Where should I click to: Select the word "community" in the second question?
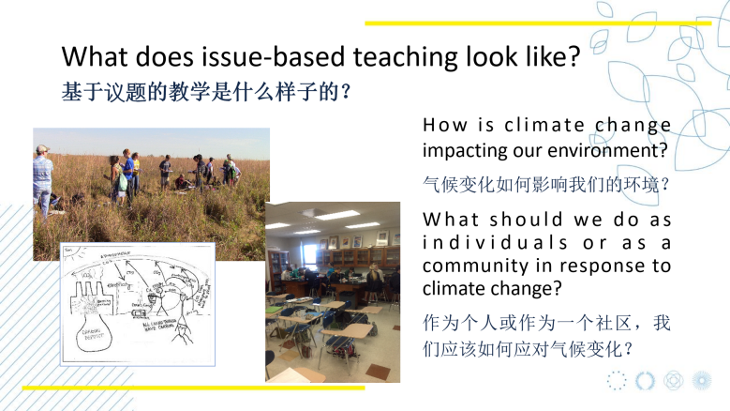[x=469, y=266]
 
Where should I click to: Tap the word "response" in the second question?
[x=595, y=266]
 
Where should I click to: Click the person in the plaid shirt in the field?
[x=42, y=173]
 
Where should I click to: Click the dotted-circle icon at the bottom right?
[x=616, y=380]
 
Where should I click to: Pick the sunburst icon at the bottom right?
[x=701, y=380]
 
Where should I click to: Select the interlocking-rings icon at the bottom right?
[x=673, y=380]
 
